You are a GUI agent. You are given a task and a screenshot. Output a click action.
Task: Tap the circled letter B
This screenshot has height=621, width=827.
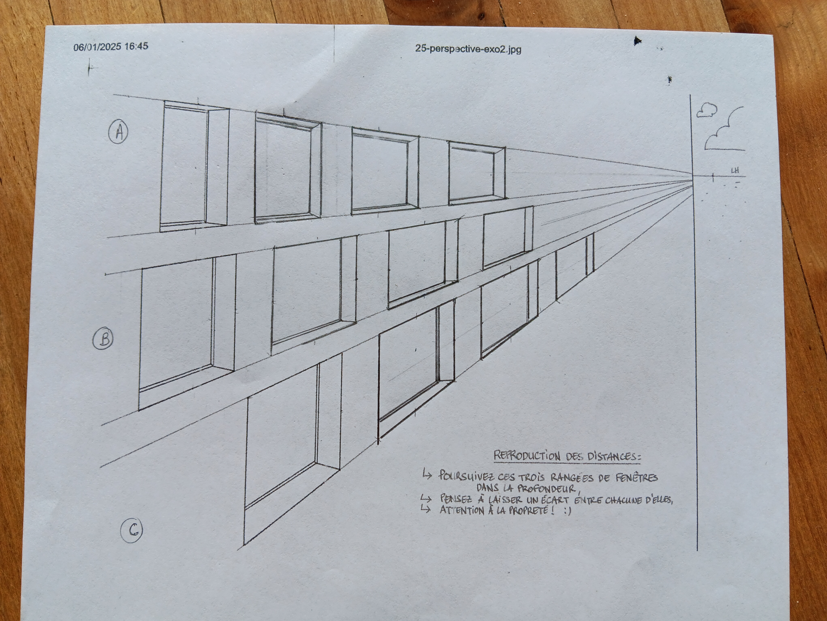coord(103,339)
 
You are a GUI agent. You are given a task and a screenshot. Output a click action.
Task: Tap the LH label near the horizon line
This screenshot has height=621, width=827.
coord(735,171)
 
